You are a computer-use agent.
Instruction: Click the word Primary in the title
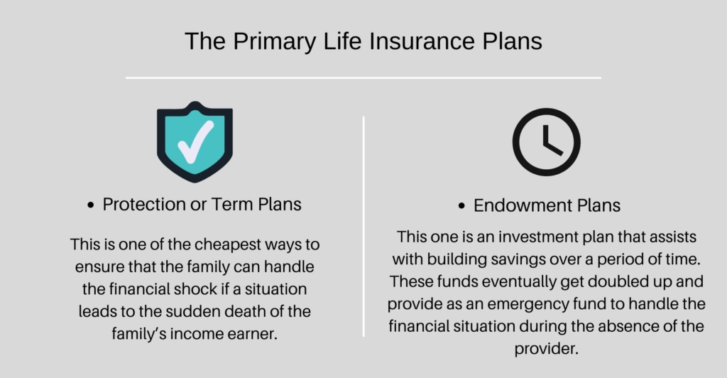[x=275, y=42]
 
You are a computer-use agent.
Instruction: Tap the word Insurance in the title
[x=422, y=40]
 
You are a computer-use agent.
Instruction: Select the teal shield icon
[x=195, y=142]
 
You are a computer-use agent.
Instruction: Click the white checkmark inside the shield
[x=196, y=142]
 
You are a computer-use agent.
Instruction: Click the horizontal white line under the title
[x=363, y=78]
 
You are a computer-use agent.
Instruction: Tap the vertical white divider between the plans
[x=363, y=227]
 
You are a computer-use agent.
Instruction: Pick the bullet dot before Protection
[x=90, y=205]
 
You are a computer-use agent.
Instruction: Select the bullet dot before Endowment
[x=461, y=206]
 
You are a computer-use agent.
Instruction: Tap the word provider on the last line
[x=546, y=349]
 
